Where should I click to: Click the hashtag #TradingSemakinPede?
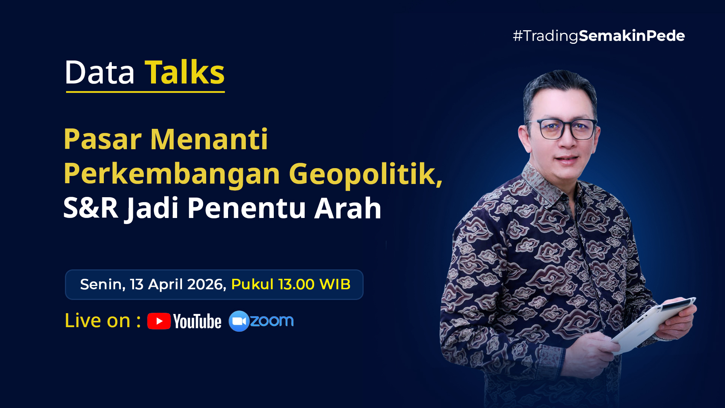pyautogui.click(x=599, y=36)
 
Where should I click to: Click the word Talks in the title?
pyautogui.click(x=185, y=72)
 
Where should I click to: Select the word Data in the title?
pyautogui.click(x=100, y=73)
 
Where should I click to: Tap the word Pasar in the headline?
pyautogui.click(x=103, y=139)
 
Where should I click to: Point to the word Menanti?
pyautogui.click(x=209, y=139)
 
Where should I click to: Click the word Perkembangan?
pyautogui.click(x=172, y=174)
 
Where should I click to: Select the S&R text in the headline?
pyautogui.click(x=91, y=208)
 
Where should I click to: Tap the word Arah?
pyautogui.click(x=348, y=208)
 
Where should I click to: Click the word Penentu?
pyautogui.click(x=247, y=208)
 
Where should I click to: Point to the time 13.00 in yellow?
pyautogui.click(x=296, y=284)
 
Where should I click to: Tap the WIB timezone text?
pyautogui.click(x=335, y=284)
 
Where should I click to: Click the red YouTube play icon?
pyautogui.click(x=159, y=321)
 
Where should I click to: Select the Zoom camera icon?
pyautogui.click(x=239, y=321)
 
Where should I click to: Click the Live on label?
pyautogui.click(x=103, y=320)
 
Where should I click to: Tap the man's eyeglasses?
pyautogui.click(x=562, y=129)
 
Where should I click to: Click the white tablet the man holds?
pyautogui.click(x=653, y=325)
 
